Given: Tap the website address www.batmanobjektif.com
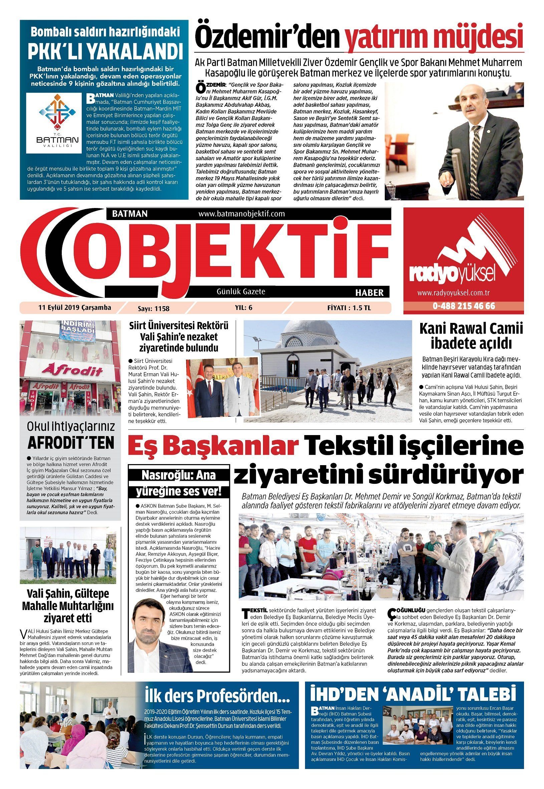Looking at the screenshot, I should coord(241,214).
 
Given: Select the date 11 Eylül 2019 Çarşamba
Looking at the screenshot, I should coord(75,308).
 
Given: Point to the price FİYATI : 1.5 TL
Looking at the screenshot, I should coord(349,308).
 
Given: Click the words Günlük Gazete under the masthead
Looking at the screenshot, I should coord(241,291).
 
